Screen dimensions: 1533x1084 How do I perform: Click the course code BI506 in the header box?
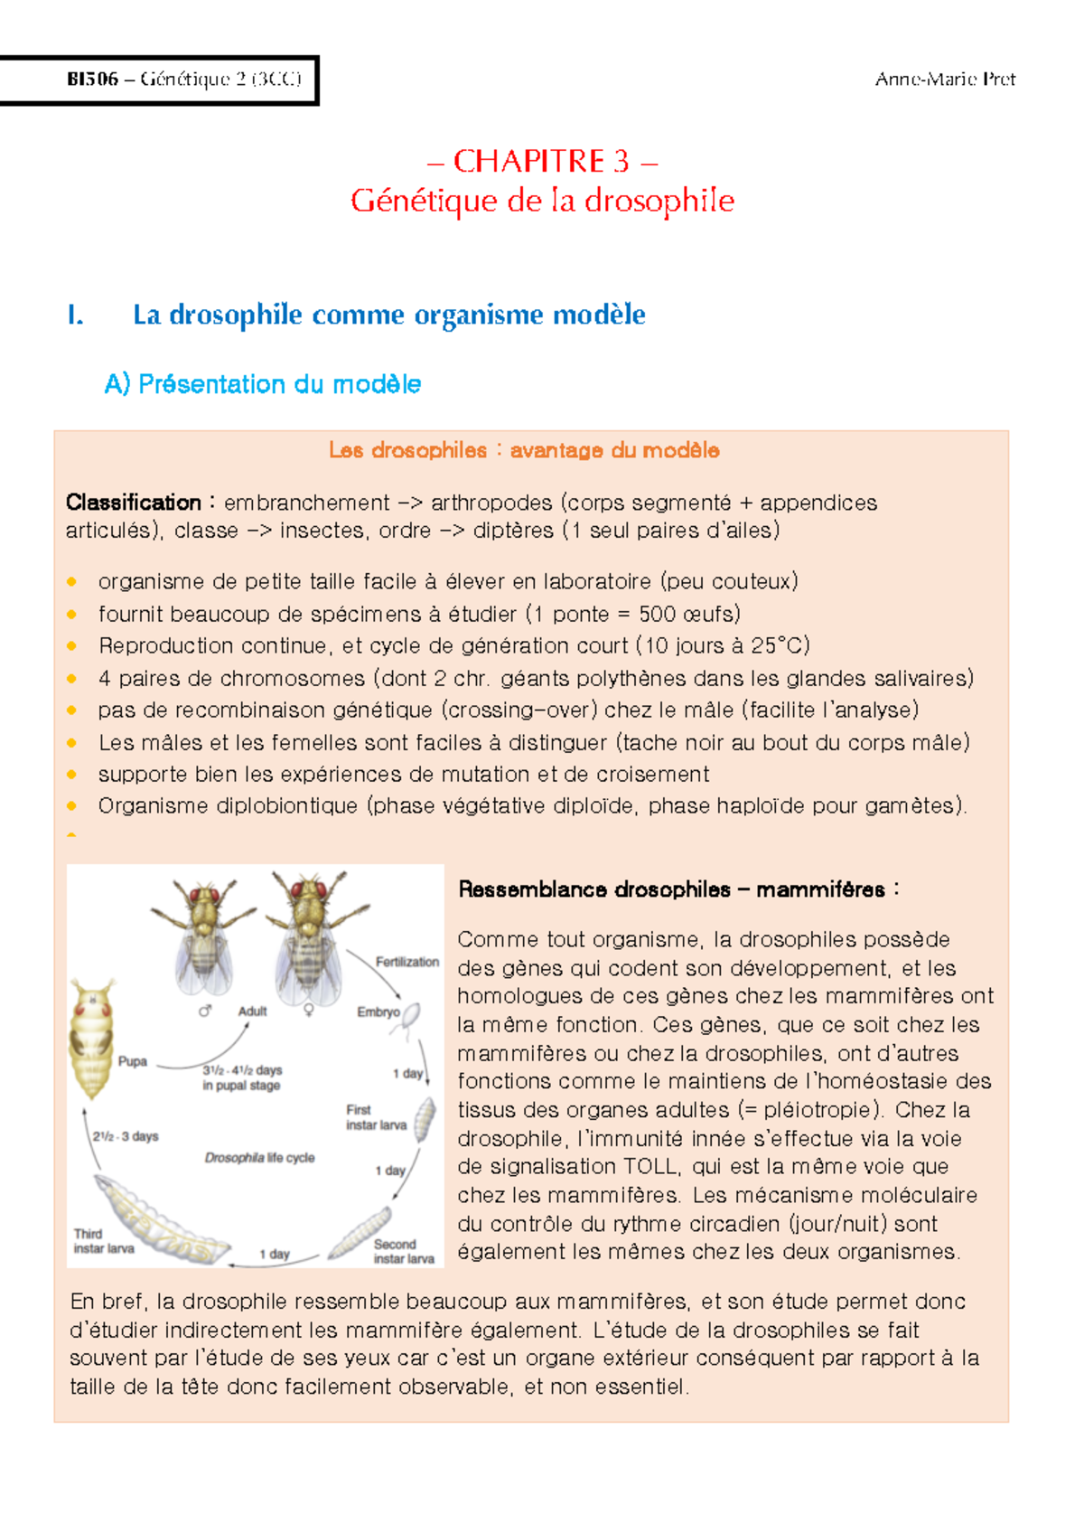click(92, 80)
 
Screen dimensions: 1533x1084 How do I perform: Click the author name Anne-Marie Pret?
click(945, 80)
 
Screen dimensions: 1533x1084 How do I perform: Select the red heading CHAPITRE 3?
click(541, 161)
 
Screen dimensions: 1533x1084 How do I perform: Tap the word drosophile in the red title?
click(659, 201)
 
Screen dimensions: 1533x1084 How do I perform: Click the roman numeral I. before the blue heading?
click(76, 315)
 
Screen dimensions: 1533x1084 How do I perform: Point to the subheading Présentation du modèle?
click(279, 384)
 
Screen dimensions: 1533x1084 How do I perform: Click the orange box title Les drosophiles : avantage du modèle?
click(524, 450)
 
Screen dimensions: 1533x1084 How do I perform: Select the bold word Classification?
click(134, 503)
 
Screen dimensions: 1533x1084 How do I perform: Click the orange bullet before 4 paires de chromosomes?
click(72, 679)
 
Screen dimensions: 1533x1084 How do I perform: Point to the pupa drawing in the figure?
click(91, 1039)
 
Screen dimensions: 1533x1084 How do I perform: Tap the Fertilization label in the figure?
click(406, 962)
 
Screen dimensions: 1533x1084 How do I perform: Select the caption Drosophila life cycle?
click(259, 1158)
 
